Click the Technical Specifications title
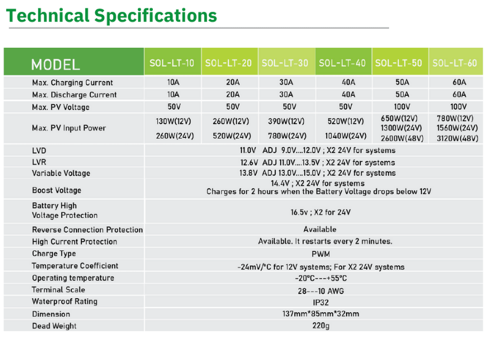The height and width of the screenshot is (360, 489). point(112,16)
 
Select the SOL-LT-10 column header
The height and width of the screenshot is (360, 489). point(172,63)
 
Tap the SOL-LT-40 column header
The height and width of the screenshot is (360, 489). point(342,63)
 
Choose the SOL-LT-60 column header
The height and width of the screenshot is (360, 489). point(454,63)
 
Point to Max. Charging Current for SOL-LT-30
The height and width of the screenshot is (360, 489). point(286,82)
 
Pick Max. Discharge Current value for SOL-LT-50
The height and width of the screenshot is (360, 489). point(402,94)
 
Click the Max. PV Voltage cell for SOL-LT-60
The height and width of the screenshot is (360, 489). point(459,107)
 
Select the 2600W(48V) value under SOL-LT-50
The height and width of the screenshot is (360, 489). point(402,138)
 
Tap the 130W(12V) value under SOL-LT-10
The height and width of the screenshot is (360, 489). point(173,121)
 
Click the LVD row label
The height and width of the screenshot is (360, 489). point(39,151)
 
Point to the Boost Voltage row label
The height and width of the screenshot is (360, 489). point(57,190)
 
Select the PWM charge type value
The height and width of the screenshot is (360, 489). point(320,254)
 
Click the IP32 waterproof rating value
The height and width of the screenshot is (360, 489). point(320,302)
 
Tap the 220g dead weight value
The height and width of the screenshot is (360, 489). point(320,325)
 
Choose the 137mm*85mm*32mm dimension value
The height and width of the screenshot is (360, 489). point(320,314)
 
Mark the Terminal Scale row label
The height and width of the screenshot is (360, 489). point(58,290)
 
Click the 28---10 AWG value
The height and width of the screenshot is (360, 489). point(320,291)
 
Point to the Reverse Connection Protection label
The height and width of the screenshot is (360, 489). point(87,230)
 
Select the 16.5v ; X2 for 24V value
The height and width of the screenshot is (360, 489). point(320,212)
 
